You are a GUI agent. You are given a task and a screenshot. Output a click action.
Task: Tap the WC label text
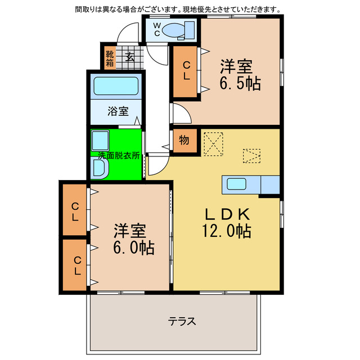click(157, 29)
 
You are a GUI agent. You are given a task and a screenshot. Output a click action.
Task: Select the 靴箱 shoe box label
click(109, 58)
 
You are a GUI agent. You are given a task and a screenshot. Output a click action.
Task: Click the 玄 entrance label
click(130, 56)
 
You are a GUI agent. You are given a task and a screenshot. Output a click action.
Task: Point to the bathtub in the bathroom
click(116, 87)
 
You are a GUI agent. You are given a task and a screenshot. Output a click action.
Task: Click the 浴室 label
click(116, 111)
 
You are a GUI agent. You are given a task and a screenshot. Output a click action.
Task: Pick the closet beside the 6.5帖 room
click(185, 71)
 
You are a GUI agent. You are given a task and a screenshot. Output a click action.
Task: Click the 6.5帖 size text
click(239, 84)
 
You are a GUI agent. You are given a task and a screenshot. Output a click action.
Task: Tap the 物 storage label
click(184, 141)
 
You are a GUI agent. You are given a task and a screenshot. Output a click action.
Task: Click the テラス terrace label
click(182, 322)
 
